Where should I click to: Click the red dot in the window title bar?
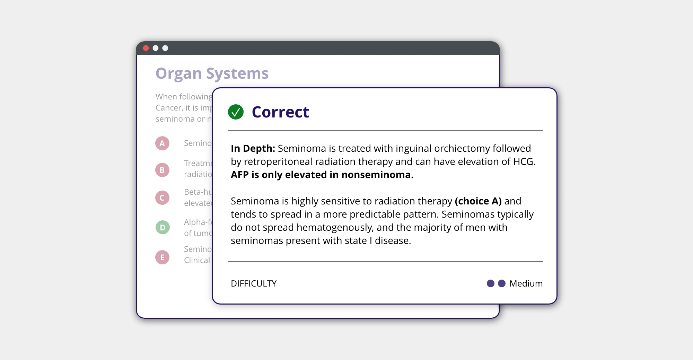146,48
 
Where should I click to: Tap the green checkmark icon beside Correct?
236,112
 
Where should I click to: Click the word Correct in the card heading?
280,112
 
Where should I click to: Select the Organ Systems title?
212,73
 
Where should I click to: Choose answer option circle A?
162,143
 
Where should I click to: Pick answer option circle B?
162,170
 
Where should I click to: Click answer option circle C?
162,198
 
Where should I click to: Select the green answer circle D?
163,228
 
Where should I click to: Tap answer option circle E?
162,257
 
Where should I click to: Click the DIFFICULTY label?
254,283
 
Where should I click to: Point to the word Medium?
526,283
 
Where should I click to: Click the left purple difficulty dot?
490,283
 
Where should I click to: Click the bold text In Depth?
253,148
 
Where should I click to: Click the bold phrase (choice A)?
478,201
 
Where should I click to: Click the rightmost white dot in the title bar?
165,48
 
